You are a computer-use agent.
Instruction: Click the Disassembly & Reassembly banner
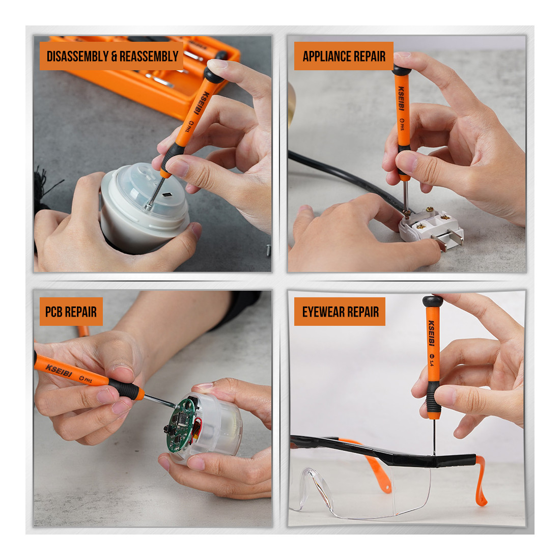click(111, 56)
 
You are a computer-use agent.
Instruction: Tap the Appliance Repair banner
click(344, 56)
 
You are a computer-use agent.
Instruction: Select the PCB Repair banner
click(71, 312)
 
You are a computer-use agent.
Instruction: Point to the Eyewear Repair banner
click(340, 312)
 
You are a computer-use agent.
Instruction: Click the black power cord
click(343, 177)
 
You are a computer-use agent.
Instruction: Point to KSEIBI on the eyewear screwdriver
click(431, 333)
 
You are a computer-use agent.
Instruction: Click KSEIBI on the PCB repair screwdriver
click(59, 370)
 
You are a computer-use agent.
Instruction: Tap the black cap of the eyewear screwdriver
click(433, 301)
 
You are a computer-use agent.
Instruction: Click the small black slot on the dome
click(167, 194)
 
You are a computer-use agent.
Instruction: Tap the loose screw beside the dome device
click(269, 249)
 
